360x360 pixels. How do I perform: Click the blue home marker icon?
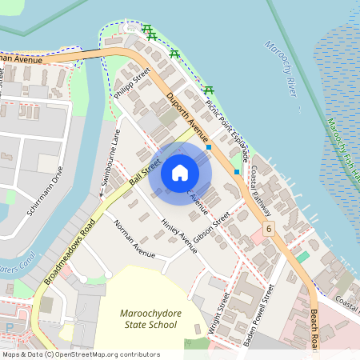pyautogui.click(x=180, y=172)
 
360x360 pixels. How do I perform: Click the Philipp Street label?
pyautogui.click(x=133, y=86)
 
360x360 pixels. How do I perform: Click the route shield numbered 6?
pyautogui.click(x=270, y=230)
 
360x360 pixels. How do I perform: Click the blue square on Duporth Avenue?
pyautogui.click(x=209, y=147)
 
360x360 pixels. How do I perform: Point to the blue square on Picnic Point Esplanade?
pyautogui.click(x=237, y=171)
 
